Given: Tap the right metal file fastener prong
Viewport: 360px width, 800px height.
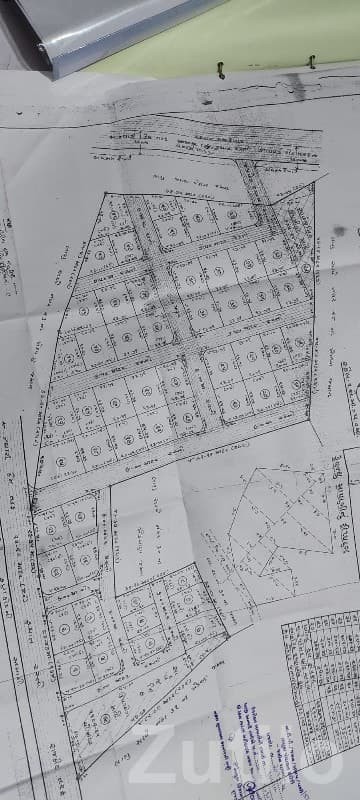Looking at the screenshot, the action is [311, 62].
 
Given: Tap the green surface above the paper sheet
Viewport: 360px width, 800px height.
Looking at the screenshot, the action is [290, 30].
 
